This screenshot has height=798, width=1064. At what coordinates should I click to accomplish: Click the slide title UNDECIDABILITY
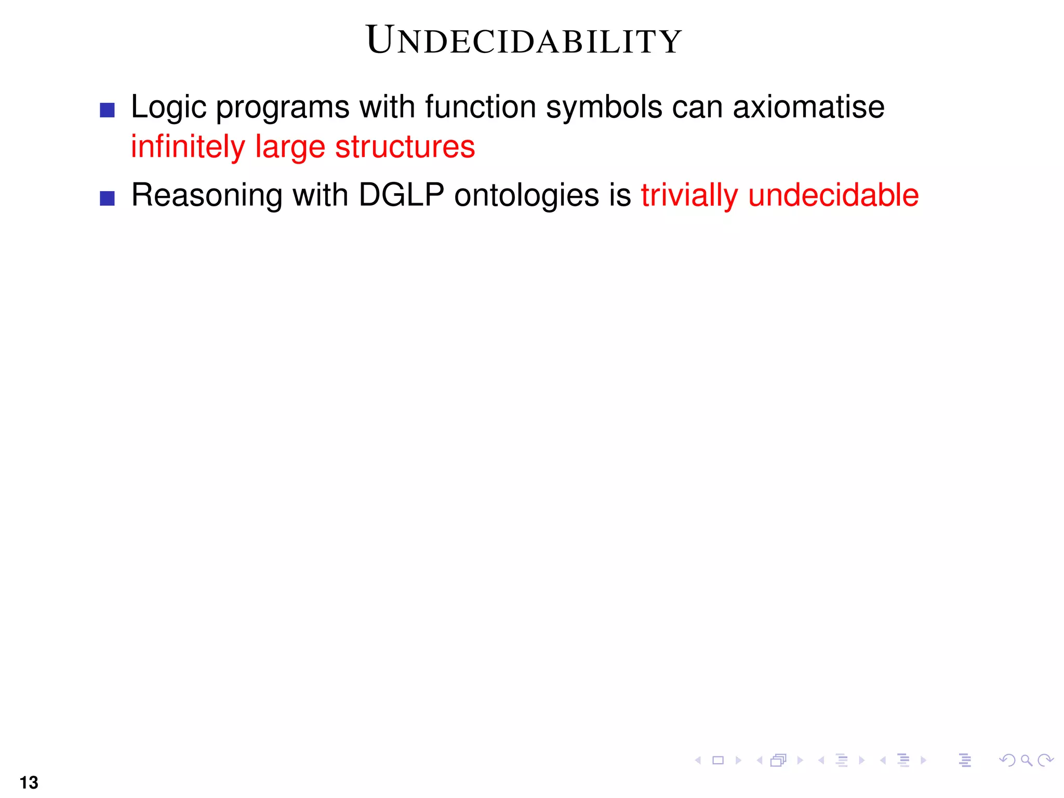click(524, 41)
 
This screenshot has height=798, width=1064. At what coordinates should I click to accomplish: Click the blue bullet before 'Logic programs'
click(107, 110)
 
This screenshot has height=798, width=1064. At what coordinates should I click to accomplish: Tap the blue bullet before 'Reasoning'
click(107, 198)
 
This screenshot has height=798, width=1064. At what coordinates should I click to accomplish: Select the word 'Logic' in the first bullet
click(168, 108)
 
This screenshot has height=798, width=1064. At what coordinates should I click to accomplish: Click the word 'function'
click(481, 107)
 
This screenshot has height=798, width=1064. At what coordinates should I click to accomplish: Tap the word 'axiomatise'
click(808, 107)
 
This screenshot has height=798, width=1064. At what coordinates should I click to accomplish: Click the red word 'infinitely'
click(188, 147)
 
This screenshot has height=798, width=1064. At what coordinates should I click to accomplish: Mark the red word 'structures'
click(405, 147)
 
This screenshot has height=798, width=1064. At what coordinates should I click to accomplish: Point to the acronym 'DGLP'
click(401, 195)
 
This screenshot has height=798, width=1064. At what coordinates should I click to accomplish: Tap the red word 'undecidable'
click(833, 195)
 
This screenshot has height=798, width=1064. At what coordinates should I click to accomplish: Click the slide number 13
click(29, 782)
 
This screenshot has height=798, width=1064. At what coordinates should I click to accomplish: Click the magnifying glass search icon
click(1026, 761)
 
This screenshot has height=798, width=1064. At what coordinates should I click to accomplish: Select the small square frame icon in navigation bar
click(718, 761)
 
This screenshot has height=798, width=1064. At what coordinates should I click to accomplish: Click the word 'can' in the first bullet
click(696, 108)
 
